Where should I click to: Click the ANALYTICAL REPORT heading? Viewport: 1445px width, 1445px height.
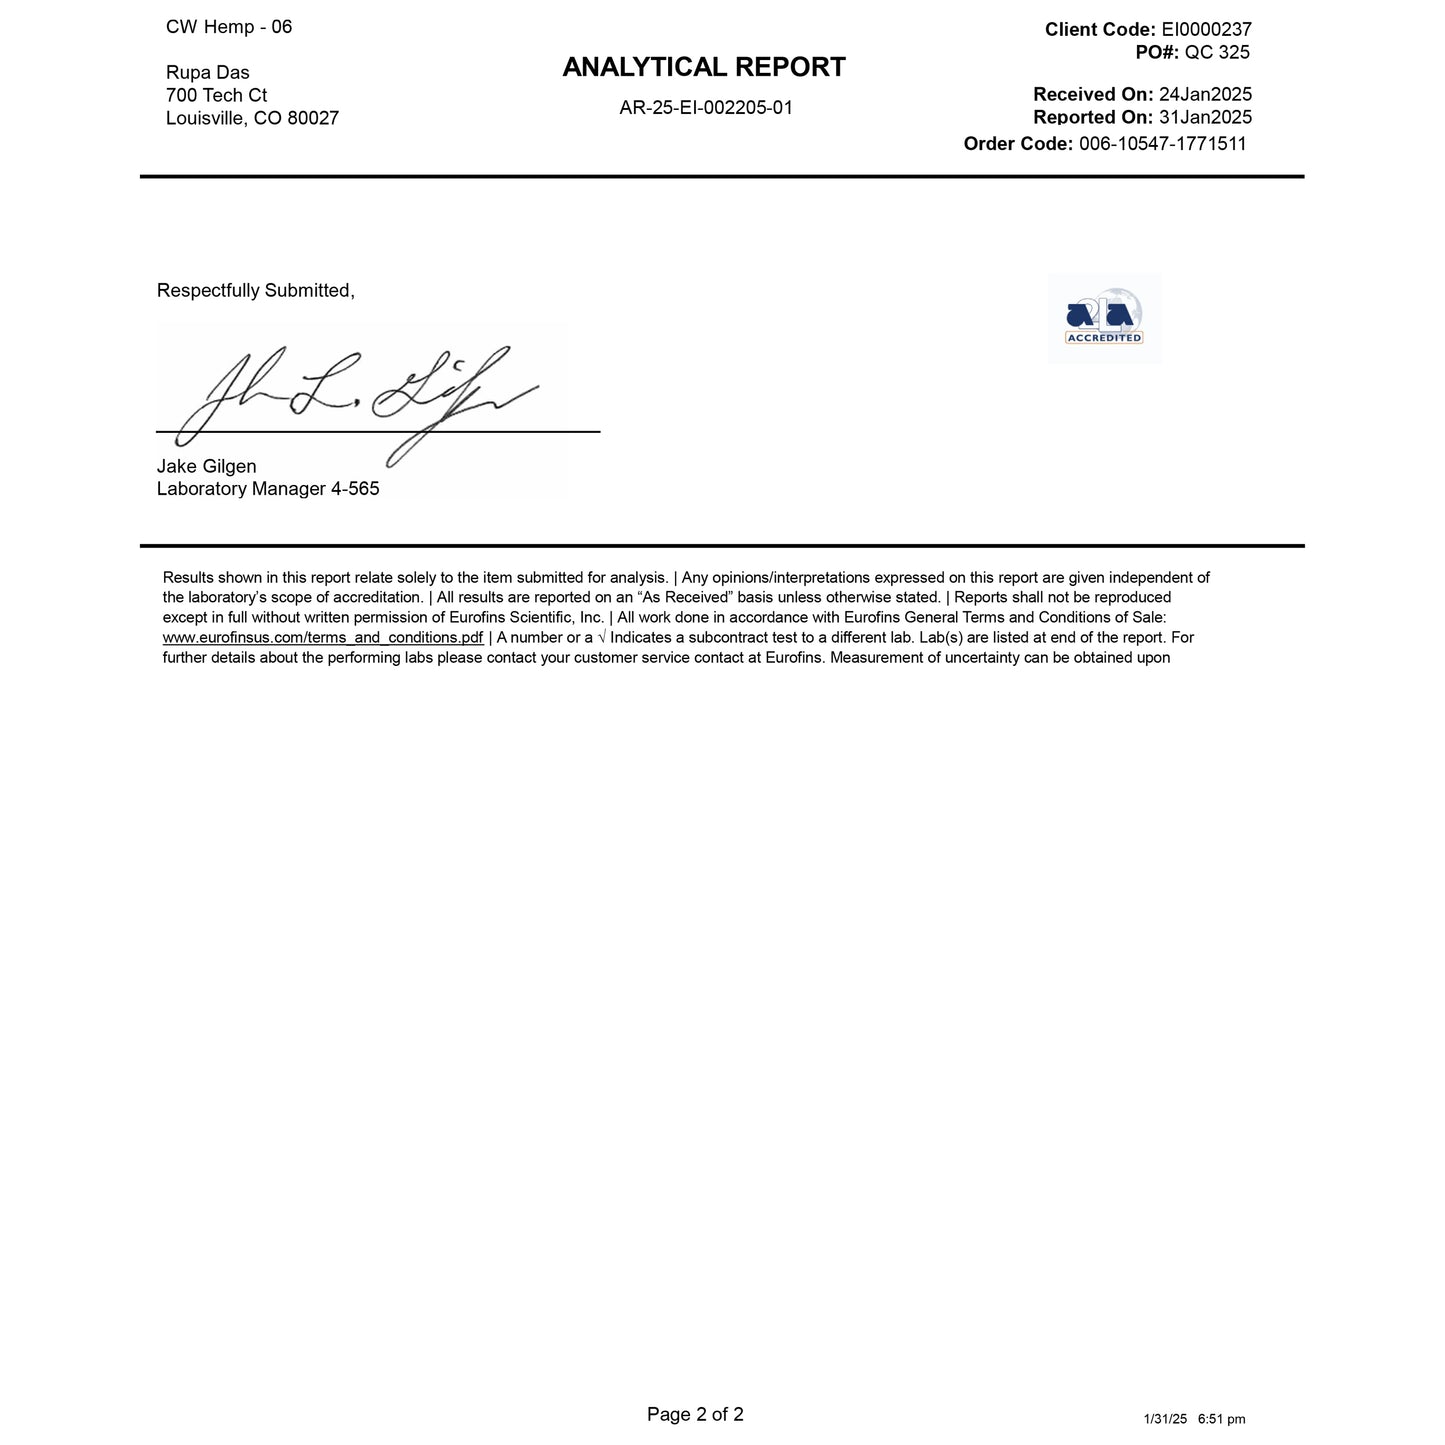(x=704, y=67)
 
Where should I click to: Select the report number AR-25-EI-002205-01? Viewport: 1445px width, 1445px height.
(x=706, y=108)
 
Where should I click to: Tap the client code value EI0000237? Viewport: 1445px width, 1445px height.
(x=1206, y=30)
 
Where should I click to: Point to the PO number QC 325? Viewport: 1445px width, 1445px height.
(x=1217, y=52)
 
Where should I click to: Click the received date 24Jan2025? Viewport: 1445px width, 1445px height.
(x=1205, y=95)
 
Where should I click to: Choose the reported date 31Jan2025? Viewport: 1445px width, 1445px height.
(x=1205, y=117)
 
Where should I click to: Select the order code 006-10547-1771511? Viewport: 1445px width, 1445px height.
(x=1163, y=143)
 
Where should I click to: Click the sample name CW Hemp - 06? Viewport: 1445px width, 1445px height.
(x=229, y=27)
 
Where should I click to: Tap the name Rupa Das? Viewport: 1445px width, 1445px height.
(x=208, y=73)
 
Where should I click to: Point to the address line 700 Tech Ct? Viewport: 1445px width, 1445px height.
(x=216, y=96)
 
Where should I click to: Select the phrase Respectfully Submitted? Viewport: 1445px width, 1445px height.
(x=255, y=291)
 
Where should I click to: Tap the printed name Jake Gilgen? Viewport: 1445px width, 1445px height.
(x=207, y=467)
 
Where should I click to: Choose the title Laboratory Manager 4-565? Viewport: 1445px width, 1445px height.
(x=268, y=490)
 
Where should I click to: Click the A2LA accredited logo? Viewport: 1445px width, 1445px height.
(x=1104, y=318)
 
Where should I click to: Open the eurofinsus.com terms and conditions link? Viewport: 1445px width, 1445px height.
(x=323, y=638)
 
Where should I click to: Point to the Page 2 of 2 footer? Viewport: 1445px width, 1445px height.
(x=695, y=1414)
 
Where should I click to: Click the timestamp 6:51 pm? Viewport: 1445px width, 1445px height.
(x=1221, y=1419)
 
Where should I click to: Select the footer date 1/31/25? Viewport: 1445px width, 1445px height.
(x=1165, y=1419)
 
